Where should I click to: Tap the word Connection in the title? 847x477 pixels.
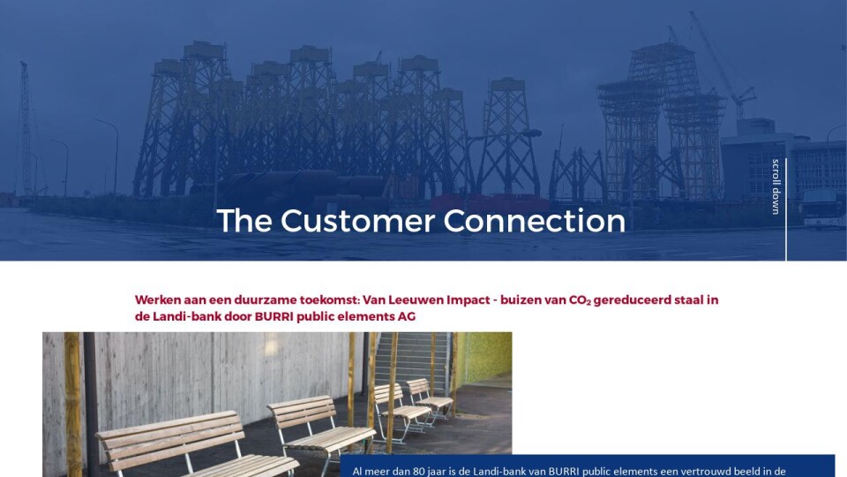535,221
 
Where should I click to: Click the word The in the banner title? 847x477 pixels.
244,221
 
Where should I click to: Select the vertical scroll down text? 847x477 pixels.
776,186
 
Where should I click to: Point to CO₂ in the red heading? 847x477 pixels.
580,300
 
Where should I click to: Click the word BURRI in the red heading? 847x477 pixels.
274,316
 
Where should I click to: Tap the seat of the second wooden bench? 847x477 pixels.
330,437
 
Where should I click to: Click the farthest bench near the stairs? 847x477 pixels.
429,398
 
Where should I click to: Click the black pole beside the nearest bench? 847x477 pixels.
91,404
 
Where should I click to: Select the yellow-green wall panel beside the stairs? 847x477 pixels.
484,358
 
